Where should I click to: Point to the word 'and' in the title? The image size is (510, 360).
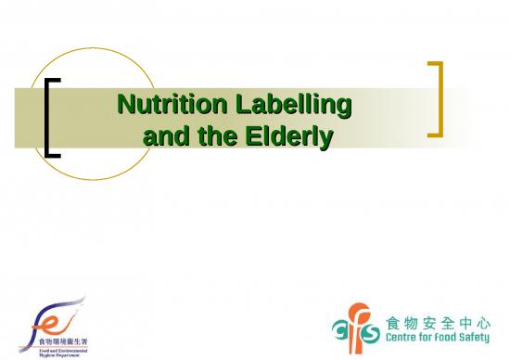coord(164,137)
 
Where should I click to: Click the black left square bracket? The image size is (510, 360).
coord(52,117)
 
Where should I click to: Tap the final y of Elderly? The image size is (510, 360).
coord(325,139)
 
